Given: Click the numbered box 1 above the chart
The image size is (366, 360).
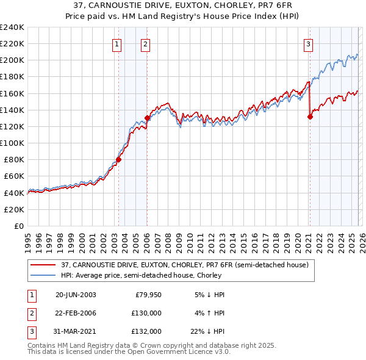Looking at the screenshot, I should coord(117,43).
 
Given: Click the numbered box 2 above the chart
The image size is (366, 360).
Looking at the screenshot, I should coord(146,43).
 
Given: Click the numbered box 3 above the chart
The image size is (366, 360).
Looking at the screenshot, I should coord(309,43).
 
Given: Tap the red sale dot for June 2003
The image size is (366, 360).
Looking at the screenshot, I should coord(118,160).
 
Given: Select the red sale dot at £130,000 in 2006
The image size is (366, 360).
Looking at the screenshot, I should coord(147,118).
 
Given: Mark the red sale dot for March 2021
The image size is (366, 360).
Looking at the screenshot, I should coord(310,117).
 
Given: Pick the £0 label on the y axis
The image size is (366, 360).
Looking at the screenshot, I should coord(18,226).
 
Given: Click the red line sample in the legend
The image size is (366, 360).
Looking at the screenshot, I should coord(43,265).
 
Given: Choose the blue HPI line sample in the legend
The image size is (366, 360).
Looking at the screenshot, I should coord(43,276).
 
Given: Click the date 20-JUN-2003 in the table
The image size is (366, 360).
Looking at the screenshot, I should coord(76,295).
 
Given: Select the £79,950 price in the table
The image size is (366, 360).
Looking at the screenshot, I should coord(148,295).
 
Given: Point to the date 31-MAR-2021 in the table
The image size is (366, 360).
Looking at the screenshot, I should coord(76,331).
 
